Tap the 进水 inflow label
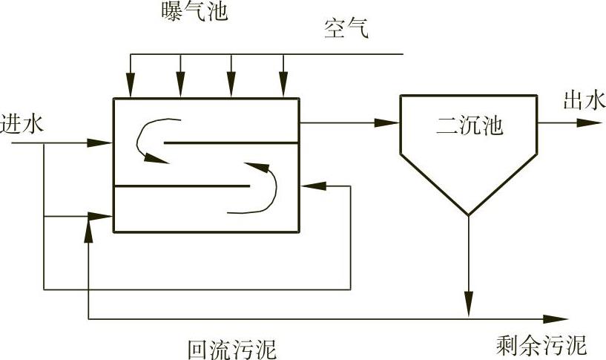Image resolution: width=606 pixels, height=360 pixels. point(22,123)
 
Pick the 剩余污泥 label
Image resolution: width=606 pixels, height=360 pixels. point(541,345)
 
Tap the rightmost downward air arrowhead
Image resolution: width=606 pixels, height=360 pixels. point(283,88)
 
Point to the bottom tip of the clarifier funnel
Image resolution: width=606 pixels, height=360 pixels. point(468,215)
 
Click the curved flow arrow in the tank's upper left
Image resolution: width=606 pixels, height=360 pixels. point(152,137)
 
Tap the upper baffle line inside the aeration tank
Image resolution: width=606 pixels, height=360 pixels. point(230,142)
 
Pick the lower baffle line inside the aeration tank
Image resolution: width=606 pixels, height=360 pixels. point(182,186)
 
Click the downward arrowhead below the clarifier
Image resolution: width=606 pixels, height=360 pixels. point(468,304)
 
